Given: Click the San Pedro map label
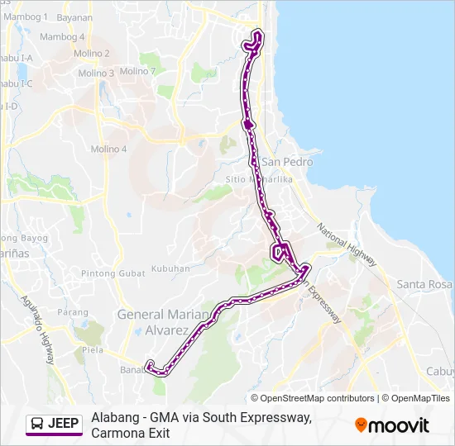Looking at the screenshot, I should [287, 162].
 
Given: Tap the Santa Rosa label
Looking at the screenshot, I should [424, 285].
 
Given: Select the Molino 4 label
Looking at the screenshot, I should [108, 149].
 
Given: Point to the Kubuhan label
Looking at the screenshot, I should [170, 270].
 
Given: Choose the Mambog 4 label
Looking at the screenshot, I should [62, 37].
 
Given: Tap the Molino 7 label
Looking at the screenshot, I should [138, 71].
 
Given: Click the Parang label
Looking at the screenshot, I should [74, 312].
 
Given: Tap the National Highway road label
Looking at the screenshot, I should [347, 244].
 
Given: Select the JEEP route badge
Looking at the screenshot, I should [55, 425].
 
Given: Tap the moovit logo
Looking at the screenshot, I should [392, 425].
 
